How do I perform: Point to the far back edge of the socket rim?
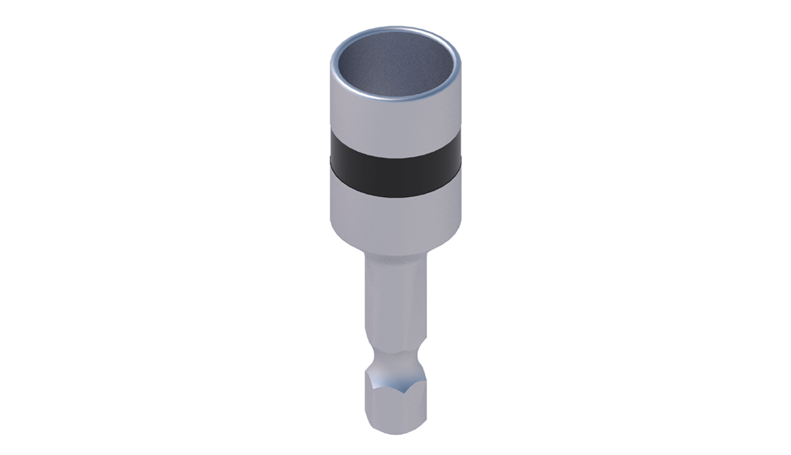(395, 29)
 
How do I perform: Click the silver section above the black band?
(395, 123)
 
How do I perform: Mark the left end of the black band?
(331, 153)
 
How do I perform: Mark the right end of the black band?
(460, 153)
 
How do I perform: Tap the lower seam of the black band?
(395, 196)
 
